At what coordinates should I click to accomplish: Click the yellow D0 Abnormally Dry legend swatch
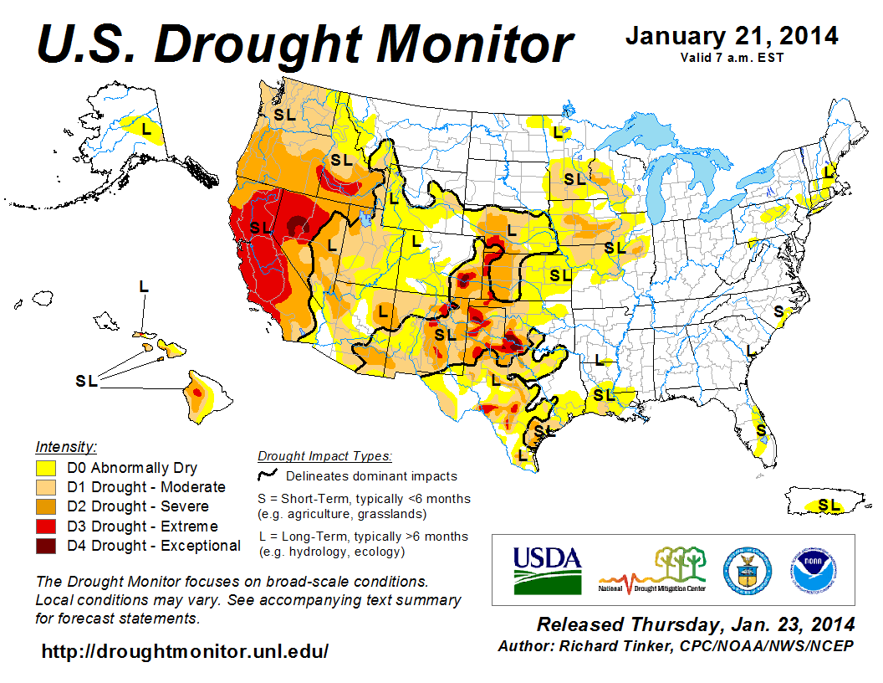(46, 468)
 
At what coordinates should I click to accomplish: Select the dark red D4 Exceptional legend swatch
(46, 546)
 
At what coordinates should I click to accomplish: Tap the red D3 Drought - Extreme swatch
(46, 526)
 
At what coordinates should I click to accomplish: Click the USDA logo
(547, 569)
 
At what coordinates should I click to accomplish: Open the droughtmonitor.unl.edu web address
(185, 651)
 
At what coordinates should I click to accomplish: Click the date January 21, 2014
(732, 37)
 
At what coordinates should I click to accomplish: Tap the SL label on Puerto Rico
(829, 505)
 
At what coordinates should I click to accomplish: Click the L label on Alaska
(146, 129)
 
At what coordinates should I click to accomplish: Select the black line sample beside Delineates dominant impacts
(267, 476)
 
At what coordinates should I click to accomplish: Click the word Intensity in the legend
(67, 446)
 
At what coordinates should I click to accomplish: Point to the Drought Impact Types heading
(324, 456)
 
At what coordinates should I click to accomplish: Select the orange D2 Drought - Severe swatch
(46, 507)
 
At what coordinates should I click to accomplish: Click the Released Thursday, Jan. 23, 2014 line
(696, 624)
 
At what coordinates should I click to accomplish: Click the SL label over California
(261, 227)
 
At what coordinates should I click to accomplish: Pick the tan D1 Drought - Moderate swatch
(46, 487)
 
